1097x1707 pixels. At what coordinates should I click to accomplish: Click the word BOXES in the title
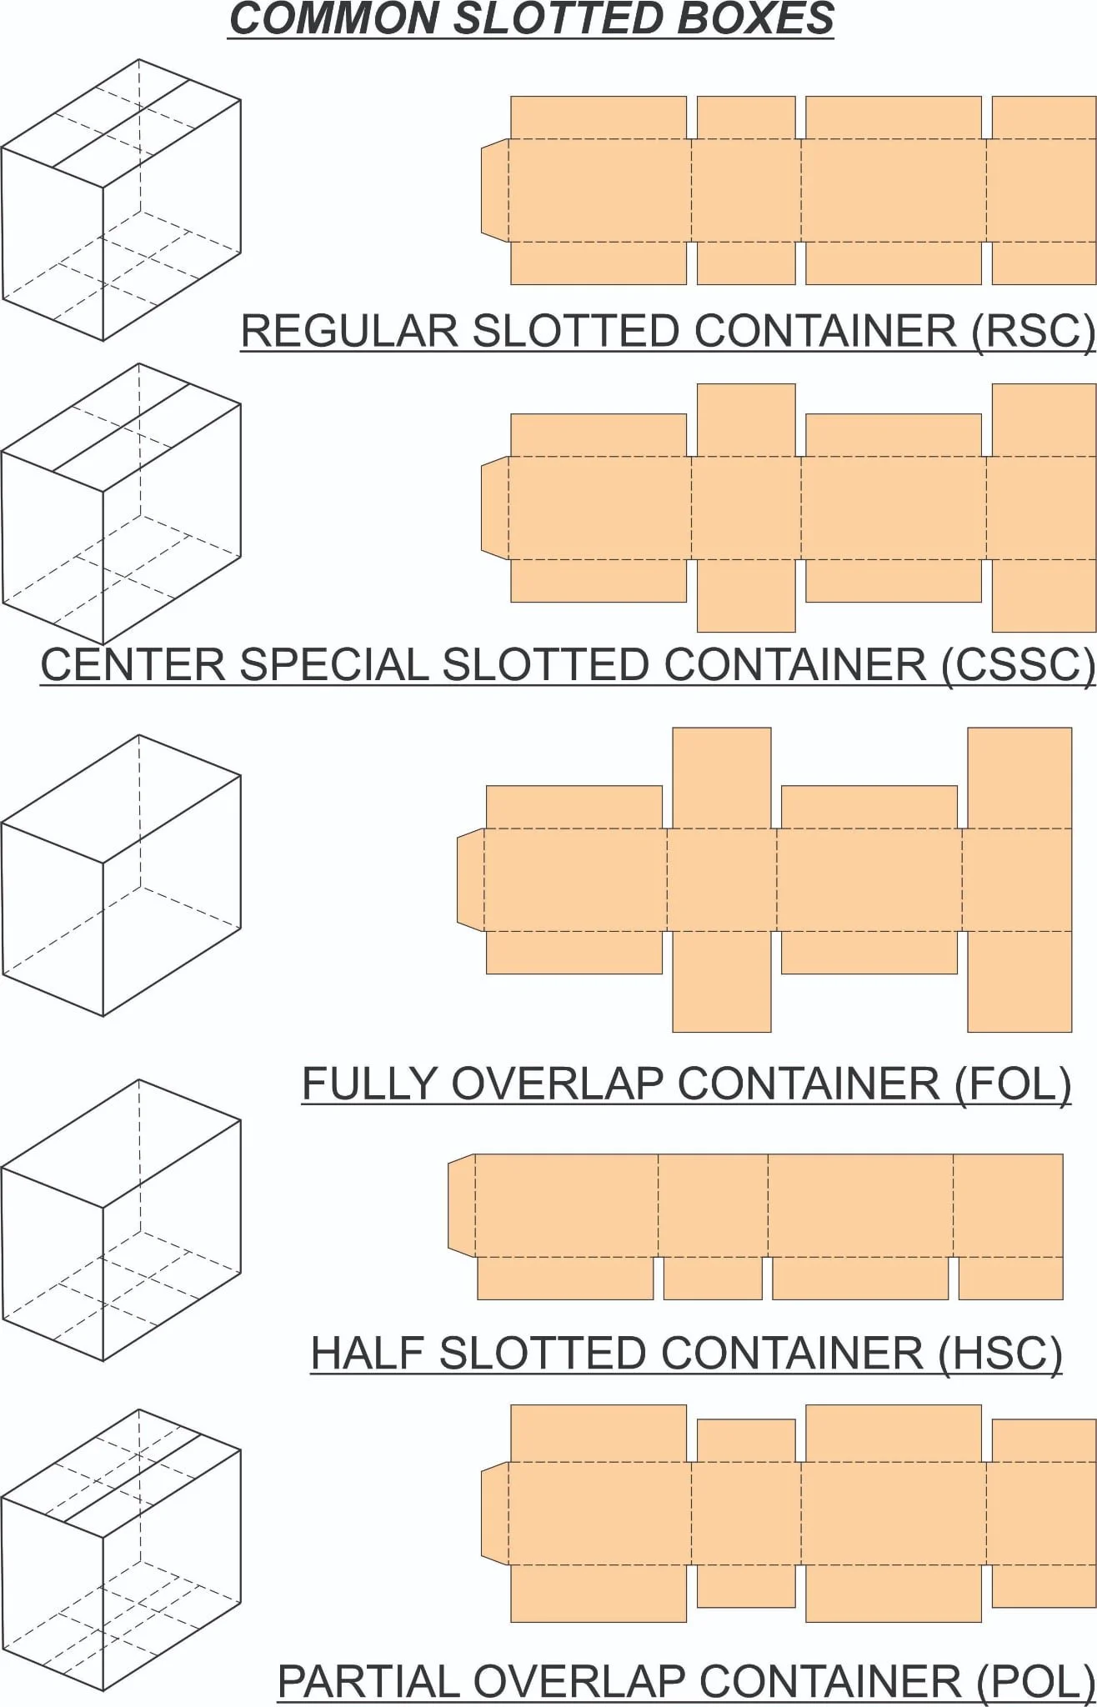click(x=755, y=18)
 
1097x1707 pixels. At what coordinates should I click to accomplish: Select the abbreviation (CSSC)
click(x=1018, y=665)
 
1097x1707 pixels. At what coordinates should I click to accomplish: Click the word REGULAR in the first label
click(x=349, y=331)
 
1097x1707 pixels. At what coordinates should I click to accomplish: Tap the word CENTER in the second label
click(x=133, y=665)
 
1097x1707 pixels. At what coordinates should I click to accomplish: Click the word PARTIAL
click(x=372, y=1681)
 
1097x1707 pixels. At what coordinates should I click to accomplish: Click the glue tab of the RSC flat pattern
click(x=495, y=191)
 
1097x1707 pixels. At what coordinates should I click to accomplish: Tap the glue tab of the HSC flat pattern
click(x=462, y=1204)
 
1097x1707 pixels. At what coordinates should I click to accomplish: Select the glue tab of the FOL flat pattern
click(x=471, y=879)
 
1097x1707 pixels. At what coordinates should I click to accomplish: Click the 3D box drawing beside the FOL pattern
click(x=121, y=875)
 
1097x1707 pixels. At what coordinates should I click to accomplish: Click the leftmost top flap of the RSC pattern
click(x=599, y=118)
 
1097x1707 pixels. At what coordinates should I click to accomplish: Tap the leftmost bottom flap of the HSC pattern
click(x=565, y=1278)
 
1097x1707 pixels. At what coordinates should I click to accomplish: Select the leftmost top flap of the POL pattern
click(x=599, y=1433)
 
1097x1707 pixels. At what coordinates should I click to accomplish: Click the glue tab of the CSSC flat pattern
click(x=495, y=507)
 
